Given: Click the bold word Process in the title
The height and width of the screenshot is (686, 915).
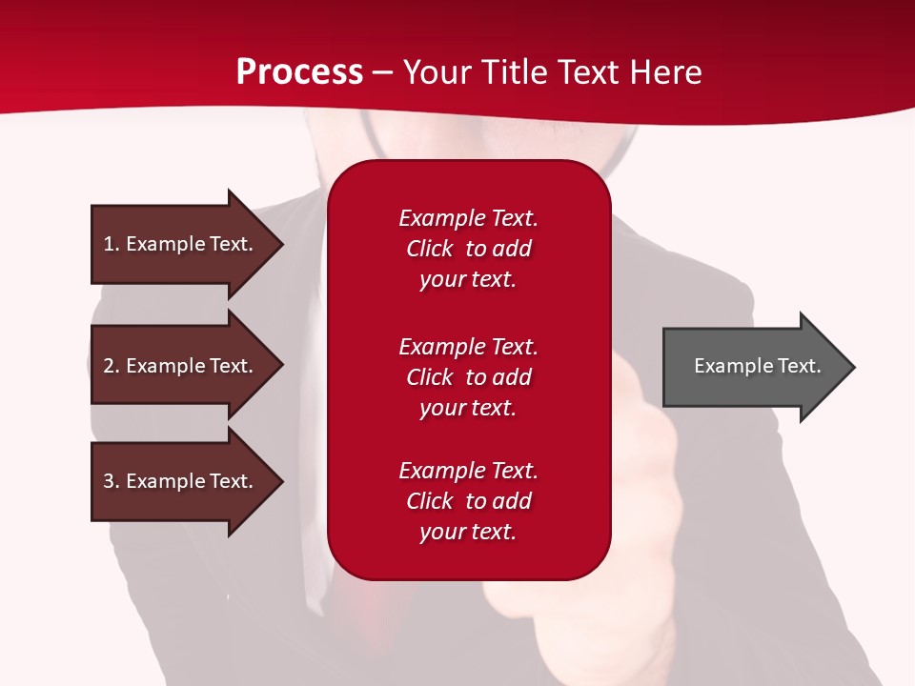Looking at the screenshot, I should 299,72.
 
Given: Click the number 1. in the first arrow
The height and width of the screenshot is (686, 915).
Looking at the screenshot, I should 112,244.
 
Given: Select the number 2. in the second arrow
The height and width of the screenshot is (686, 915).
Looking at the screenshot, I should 112,366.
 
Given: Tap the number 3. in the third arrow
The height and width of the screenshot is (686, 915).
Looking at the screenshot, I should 112,481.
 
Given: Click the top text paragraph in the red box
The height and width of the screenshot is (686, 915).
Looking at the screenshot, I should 468,249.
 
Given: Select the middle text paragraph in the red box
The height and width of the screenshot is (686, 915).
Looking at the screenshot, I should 468,377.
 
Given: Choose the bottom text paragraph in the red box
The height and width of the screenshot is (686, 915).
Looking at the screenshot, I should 468,501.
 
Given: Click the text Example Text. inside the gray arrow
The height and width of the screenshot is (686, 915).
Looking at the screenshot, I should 757,366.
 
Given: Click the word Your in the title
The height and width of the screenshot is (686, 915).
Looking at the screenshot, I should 437,72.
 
